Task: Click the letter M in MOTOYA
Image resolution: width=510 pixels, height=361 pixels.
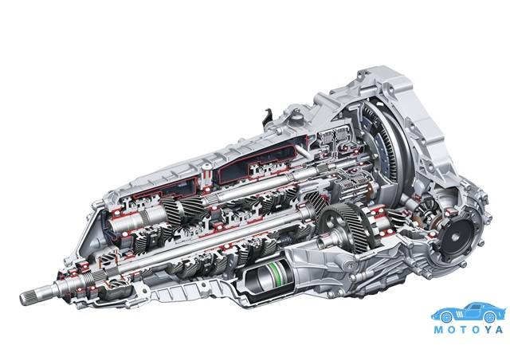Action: (x=439, y=330)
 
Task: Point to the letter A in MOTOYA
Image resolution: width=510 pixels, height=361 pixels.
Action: (x=500, y=330)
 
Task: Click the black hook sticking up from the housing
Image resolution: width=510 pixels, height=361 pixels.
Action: (x=268, y=118)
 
